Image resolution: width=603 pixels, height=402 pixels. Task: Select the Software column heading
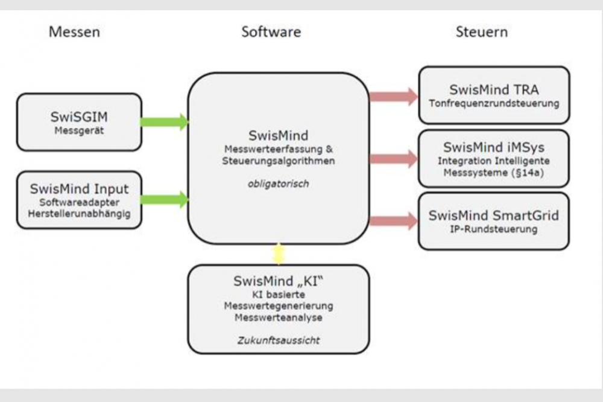271,32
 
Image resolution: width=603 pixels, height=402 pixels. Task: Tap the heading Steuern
481,32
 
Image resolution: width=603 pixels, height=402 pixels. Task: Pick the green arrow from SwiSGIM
164,122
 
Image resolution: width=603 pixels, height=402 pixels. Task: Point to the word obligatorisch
278,183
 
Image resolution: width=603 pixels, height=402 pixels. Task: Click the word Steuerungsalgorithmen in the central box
278,161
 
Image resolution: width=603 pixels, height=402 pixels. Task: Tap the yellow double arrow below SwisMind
278,254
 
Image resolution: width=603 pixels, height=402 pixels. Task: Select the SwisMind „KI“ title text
278,281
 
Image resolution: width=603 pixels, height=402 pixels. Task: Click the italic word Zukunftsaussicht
278,340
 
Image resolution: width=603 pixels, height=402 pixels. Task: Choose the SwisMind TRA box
493,95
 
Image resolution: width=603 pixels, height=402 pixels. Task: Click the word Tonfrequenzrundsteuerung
494,103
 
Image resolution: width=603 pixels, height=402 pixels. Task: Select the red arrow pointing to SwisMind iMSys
394,159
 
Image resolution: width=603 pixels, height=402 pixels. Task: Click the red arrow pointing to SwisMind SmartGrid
394,221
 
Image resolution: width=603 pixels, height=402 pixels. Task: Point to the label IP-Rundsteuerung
494,229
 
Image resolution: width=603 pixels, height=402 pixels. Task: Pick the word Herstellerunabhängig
79,213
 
